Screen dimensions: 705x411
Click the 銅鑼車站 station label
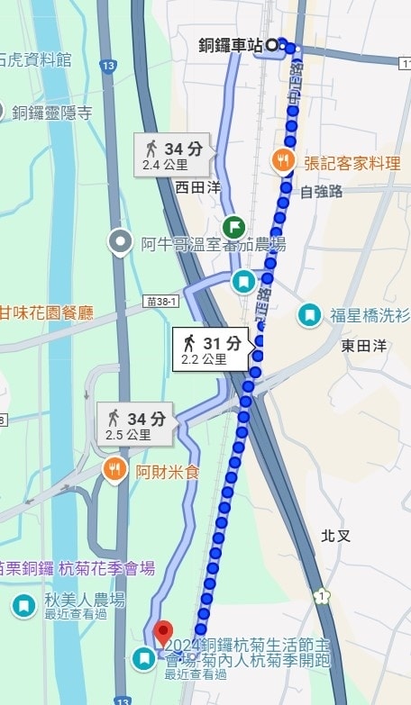tap(231, 44)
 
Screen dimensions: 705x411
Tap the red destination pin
tap(163, 633)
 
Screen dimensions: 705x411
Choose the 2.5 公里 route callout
tap(137, 426)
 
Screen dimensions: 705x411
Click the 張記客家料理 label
tap(352, 163)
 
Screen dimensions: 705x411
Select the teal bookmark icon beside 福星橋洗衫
tap(310, 314)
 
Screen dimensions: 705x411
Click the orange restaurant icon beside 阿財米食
tap(114, 469)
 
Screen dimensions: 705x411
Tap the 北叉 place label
tap(334, 535)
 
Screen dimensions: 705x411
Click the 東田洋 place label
tap(363, 345)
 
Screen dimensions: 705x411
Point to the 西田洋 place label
tap(198, 187)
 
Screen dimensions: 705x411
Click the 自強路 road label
tap(322, 191)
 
